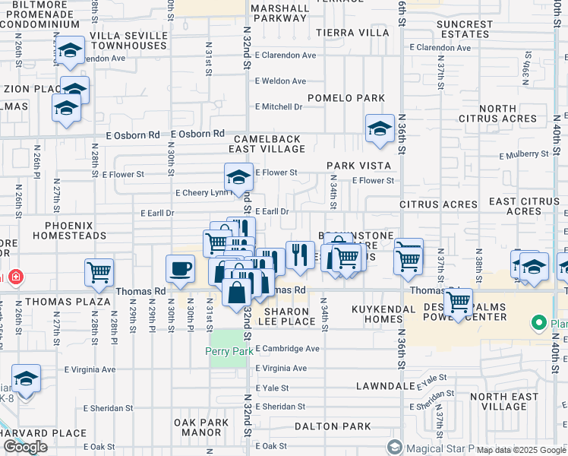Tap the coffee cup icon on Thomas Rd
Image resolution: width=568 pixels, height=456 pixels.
[x=180, y=269]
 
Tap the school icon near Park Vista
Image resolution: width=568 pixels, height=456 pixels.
[x=379, y=128]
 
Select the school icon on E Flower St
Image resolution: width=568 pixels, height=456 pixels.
[x=238, y=179]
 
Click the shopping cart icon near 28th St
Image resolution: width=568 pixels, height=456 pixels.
[x=99, y=273]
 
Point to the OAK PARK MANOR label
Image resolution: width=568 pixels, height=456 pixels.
[x=200, y=426]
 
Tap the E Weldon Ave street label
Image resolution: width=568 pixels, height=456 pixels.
[x=280, y=81]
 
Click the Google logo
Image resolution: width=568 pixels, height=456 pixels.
[x=25, y=447]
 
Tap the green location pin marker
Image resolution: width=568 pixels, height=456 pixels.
[x=539, y=324]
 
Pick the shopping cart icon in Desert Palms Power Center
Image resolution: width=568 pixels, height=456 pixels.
[x=458, y=302]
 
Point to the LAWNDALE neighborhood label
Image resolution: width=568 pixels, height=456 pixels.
[x=387, y=386]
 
